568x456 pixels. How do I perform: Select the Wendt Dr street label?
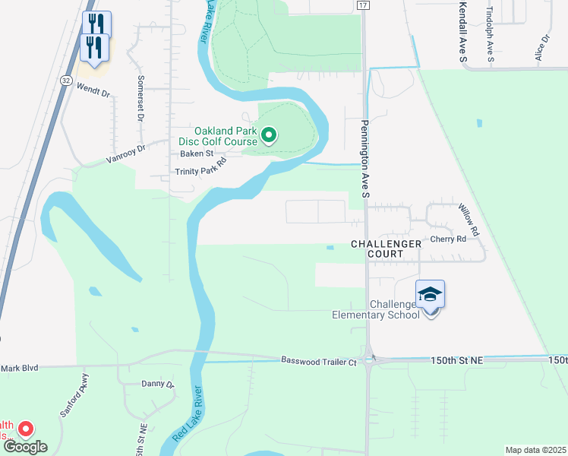pos(93,91)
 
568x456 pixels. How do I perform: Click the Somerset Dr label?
pos(140,99)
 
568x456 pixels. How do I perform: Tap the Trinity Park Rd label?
pos(200,170)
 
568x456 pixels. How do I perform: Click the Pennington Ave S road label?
pos(364,160)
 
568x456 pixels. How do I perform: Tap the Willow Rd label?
pos(469,218)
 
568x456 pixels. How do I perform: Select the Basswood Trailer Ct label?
pos(319,361)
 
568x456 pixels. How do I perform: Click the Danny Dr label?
pos(158,385)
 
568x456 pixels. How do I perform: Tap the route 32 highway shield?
pos(68,80)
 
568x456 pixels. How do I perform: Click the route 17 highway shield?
pos(363,5)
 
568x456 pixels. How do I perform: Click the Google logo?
pos(25,448)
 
